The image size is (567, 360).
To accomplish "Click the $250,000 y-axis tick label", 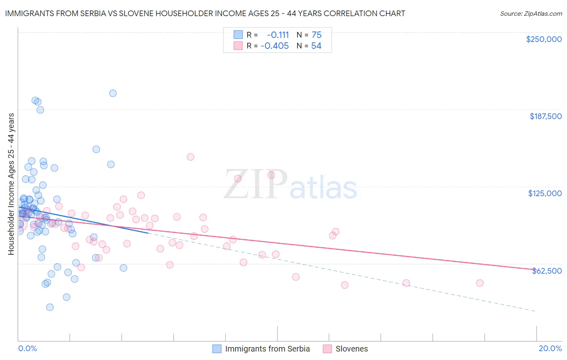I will click(x=544, y=39).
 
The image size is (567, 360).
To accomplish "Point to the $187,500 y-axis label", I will click(x=545, y=116).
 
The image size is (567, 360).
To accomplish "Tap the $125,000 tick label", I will click(x=545, y=193).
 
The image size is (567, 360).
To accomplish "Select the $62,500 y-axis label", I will click(x=546, y=271).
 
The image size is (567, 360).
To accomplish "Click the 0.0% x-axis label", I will click(x=27, y=349).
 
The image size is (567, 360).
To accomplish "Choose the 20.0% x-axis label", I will click(x=550, y=349).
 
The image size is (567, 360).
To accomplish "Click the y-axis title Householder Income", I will click(x=11, y=184).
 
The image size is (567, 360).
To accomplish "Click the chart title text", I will click(x=205, y=13).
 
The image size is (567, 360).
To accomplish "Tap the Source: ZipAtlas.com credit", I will click(x=531, y=13).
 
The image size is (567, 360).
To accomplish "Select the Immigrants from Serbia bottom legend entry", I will click(x=267, y=349).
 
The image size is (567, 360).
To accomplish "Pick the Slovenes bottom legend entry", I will click(x=351, y=349).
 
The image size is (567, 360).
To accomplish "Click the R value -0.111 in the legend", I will click(x=278, y=35).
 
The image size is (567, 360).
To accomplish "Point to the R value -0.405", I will click(x=275, y=46).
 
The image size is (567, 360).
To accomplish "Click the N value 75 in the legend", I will click(x=317, y=35).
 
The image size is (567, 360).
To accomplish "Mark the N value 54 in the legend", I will click(x=316, y=46).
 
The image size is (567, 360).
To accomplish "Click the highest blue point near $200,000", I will click(x=113, y=93).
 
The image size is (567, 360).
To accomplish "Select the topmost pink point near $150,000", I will click(x=190, y=157).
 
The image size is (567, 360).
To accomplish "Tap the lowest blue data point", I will click(x=50, y=307).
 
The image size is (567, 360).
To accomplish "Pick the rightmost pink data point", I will click(x=479, y=283).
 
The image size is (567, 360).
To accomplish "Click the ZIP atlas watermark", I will click(x=290, y=185).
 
